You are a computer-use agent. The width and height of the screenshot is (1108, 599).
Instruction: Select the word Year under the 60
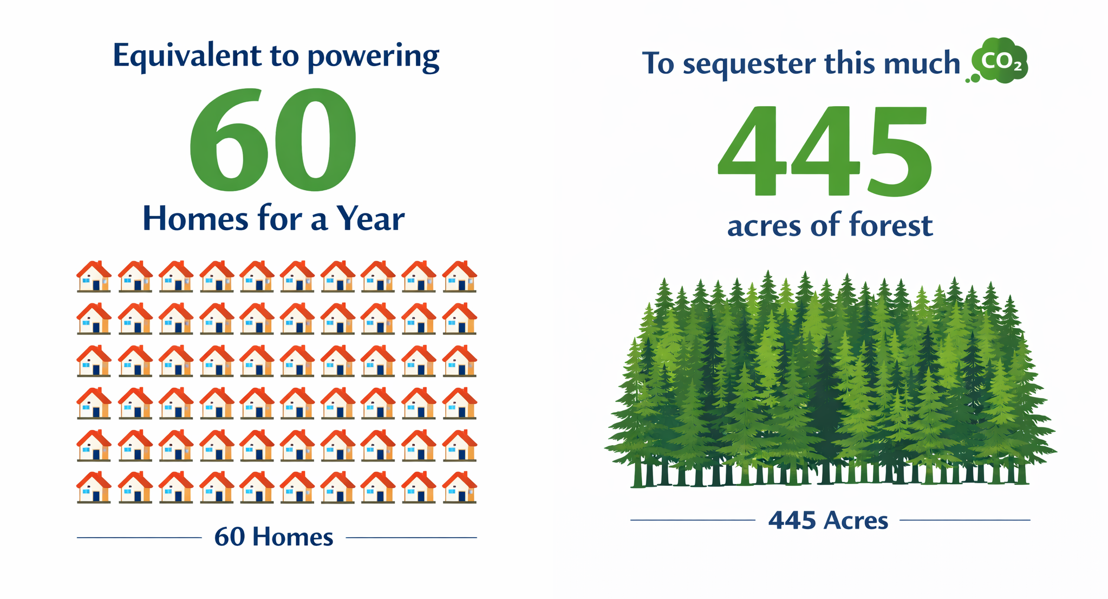370,219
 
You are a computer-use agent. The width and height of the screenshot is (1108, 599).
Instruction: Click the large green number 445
825,151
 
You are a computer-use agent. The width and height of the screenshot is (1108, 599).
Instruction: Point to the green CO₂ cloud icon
998,61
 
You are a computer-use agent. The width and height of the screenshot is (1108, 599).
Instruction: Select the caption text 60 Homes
273,537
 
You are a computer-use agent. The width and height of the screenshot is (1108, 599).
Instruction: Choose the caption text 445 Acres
828,520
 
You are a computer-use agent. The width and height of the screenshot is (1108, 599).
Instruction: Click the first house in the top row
94,276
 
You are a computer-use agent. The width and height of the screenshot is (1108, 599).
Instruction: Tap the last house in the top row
459,276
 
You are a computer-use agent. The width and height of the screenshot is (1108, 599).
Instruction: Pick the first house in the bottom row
94,487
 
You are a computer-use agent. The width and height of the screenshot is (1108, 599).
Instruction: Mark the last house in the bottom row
459,487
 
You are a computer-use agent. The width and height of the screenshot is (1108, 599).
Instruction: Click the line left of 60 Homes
139,538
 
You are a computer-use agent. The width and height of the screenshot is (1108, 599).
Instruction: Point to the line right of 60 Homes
412,538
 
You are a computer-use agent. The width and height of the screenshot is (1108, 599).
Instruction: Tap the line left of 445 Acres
693,520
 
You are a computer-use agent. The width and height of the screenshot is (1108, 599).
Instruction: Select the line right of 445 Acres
965,520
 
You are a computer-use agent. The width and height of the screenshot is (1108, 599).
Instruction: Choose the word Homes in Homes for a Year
195,219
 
